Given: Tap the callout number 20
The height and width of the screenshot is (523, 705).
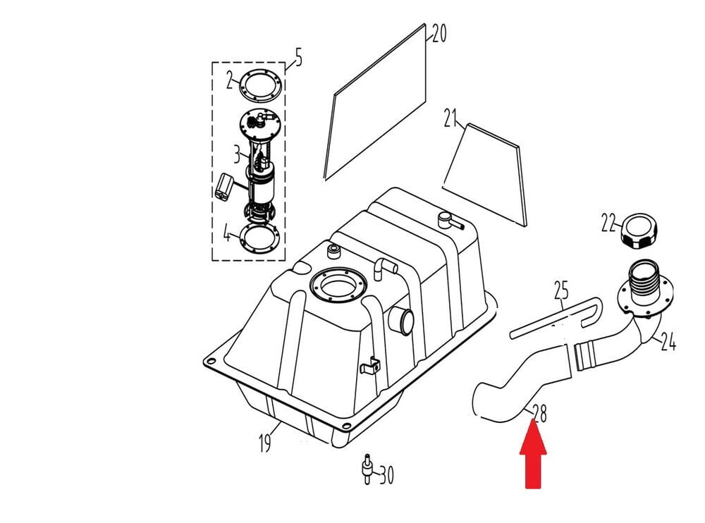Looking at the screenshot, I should click(x=439, y=34).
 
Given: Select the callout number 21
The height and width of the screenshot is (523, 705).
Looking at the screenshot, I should click(x=452, y=119).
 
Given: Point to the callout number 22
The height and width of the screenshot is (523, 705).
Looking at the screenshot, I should click(x=608, y=223).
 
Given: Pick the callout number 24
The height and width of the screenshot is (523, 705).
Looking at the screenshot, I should click(x=668, y=343).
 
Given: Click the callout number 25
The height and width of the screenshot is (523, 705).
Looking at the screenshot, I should click(x=561, y=290).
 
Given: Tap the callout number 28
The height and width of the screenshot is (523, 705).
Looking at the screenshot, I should click(x=539, y=413).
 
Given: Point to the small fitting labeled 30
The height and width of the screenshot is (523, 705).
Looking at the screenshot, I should click(x=367, y=469).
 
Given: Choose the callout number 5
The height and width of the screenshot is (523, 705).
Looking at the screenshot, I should click(x=298, y=58).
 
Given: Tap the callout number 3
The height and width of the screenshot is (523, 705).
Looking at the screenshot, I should click(x=237, y=152).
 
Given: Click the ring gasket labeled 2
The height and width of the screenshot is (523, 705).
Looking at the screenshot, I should click(x=260, y=85).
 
